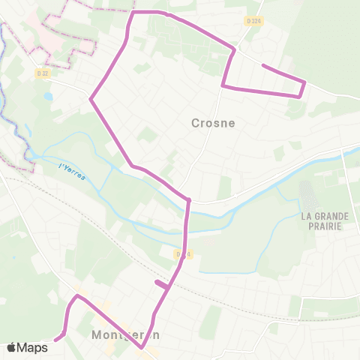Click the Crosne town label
pyautogui.click(x=213, y=122)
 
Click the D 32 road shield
pyautogui.click(x=42, y=73)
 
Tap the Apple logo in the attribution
pyautogui.click(x=12, y=348)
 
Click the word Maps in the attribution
pyautogui.click(x=32, y=348)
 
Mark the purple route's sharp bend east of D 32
pyautogui.click(x=91, y=98)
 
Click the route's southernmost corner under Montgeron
pyautogui.click(x=142, y=347)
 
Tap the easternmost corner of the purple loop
pyautogui.click(x=304, y=81)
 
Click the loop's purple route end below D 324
pyautogui.click(x=262, y=66)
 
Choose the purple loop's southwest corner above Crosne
pyautogui.click(x=223, y=86)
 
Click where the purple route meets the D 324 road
pyautogui.click(x=235, y=50)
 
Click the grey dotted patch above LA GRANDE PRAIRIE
pyautogui.click(x=307, y=195)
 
